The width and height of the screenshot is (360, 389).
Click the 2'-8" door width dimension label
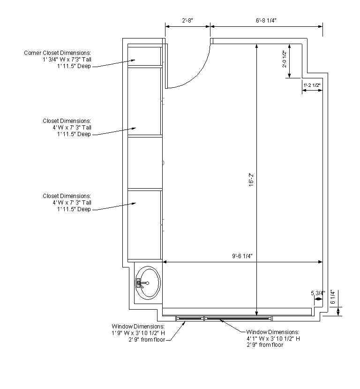click(187, 20)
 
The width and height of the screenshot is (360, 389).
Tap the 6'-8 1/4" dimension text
click(266, 20)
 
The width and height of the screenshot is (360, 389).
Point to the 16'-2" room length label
click(251, 180)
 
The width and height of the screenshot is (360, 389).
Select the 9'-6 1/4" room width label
click(242, 256)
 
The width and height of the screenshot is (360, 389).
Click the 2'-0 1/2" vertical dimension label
click(284, 59)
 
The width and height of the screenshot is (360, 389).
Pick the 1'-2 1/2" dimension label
click(312, 85)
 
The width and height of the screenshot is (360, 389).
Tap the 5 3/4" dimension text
click(318, 293)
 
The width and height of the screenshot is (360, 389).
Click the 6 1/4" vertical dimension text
click(333, 297)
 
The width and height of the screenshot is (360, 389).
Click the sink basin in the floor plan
click(149, 282)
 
